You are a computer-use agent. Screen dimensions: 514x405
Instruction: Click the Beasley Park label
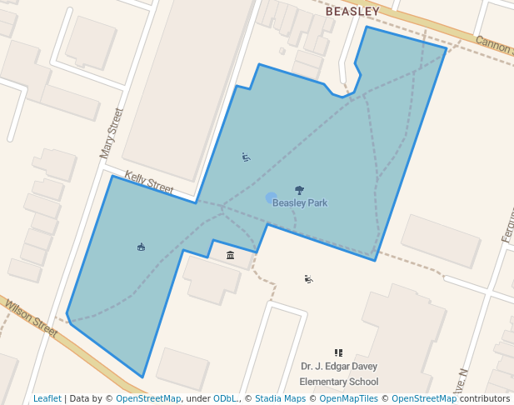[x=300, y=203]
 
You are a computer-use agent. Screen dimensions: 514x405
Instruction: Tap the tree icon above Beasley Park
[x=300, y=191]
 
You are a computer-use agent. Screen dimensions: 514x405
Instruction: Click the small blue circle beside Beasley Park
[x=271, y=197]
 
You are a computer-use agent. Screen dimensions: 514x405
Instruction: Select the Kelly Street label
[x=149, y=183]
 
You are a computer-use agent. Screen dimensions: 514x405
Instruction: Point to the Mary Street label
[x=111, y=133]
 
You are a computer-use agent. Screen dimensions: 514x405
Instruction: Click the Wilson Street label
[x=31, y=318]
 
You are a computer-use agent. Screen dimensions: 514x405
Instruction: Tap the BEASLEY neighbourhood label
[x=352, y=12]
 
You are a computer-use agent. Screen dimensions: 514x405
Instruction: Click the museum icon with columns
[x=231, y=255]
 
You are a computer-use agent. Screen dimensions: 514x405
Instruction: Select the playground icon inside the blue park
[x=246, y=157]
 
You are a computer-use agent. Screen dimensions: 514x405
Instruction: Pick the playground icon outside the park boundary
[x=309, y=279]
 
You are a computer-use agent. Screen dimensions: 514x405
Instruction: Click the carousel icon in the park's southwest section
[x=141, y=247]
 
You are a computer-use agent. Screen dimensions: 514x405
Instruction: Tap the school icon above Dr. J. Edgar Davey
[x=338, y=352]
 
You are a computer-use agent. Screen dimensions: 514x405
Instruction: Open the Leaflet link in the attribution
[x=47, y=398]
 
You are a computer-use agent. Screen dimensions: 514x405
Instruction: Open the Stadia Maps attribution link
[x=280, y=398]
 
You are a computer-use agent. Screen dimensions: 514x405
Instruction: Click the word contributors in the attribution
[x=485, y=398]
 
